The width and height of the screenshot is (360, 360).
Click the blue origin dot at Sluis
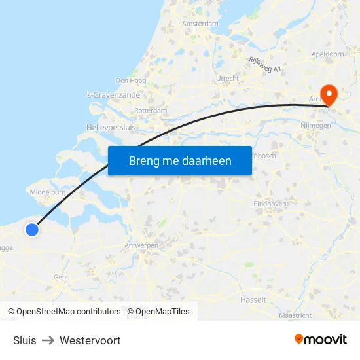click(x=32, y=229)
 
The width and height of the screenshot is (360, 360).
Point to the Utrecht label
click(x=228, y=78)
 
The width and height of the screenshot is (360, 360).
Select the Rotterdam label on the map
click(x=151, y=111)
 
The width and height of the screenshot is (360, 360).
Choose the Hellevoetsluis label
click(x=111, y=127)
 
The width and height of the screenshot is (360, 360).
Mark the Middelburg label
click(x=48, y=192)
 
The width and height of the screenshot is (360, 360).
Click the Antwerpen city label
click(x=141, y=245)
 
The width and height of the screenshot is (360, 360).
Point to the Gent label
click(x=61, y=277)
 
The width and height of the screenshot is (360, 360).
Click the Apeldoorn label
click(x=329, y=54)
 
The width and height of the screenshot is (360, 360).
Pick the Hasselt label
click(x=253, y=300)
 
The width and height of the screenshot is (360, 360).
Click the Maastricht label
click(x=295, y=315)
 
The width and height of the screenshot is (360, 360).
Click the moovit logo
click(x=320, y=340)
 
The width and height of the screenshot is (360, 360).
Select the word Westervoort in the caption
click(x=90, y=340)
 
